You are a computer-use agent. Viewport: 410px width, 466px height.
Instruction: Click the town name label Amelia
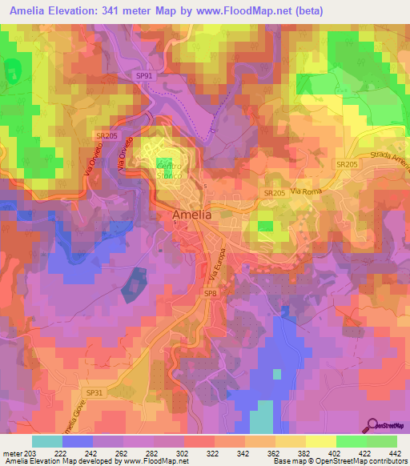(193, 215)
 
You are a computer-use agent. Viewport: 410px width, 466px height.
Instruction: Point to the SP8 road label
(210, 294)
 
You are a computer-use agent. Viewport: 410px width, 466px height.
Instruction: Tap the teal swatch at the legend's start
(47, 440)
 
